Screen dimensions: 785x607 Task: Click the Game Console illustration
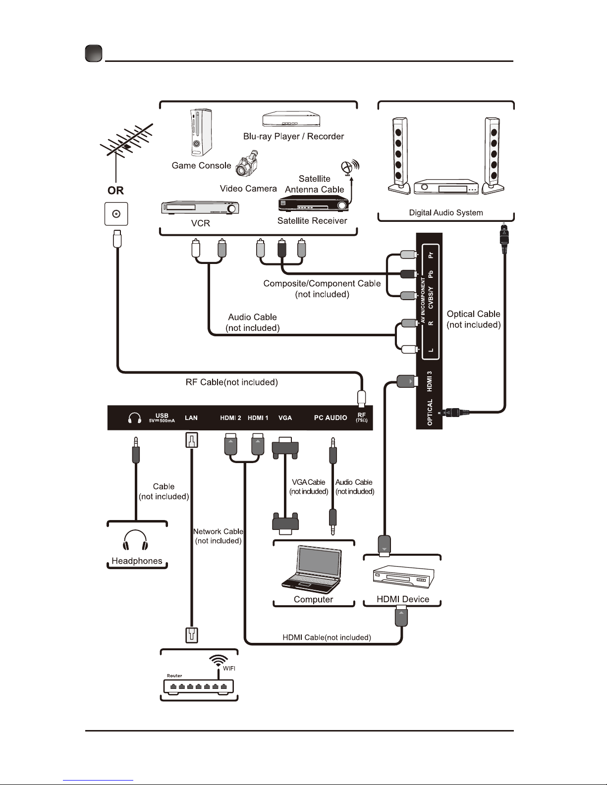[201, 132]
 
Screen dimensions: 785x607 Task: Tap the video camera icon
[246, 164]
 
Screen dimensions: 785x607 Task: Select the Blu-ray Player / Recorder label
[293, 136]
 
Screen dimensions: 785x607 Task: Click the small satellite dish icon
[350, 167]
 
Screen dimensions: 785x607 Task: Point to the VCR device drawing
[200, 208]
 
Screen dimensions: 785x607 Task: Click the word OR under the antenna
[115, 191]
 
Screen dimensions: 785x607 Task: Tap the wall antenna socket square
[116, 214]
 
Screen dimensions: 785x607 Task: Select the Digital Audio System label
[445, 213]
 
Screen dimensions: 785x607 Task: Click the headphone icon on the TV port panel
[134, 418]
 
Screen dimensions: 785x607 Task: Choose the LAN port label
[191, 418]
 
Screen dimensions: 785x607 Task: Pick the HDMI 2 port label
[230, 418]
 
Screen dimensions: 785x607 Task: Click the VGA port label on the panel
[285, 418]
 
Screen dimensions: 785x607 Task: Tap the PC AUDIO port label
[331, 418]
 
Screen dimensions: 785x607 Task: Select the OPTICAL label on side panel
[430, 412]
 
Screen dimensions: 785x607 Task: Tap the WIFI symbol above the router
[219, 661]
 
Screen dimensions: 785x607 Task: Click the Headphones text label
[137, 561]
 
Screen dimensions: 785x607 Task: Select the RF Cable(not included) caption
[231, 382]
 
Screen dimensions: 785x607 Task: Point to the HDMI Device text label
[402, 599]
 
